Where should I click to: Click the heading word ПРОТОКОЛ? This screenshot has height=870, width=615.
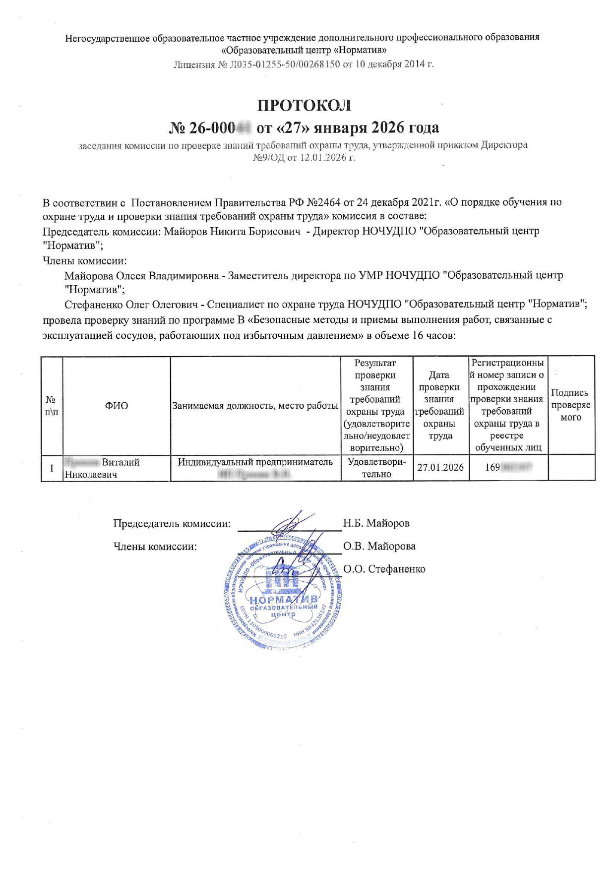pyautogui.click(x=304, y=106)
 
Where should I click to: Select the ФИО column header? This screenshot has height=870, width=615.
pyautogui.click(x=116, y=406)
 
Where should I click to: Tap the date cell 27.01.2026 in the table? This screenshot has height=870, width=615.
pyautogui.click(x=440, y=468)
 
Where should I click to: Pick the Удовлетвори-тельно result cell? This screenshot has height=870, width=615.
pyautogui.click(x=376, y=468)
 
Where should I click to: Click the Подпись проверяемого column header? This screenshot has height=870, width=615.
pyautogui.click(x=571, y=405)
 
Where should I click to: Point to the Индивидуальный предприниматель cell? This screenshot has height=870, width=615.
pyautogui.click(x=255, y=462)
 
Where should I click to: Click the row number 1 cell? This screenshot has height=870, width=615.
pyautogui.click(x=52, y=468)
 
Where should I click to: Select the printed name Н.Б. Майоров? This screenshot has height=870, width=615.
pyautogui.click(x=376, y=523)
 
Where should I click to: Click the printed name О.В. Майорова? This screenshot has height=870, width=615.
pyautogui.click(x=379, y=546)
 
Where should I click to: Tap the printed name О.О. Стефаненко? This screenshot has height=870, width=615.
pyautogui.click(x=384, y=569)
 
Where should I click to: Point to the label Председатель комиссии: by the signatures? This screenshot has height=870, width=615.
pyautogui.click(x=172, y=523)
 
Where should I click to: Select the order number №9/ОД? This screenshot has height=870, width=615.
pyautogui.click(x=268, y=158)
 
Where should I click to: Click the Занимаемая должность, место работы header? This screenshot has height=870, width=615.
pyautogui.click(x=255, y=406)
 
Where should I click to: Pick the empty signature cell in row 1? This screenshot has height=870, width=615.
pyautogui.click(x=571, y=468)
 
